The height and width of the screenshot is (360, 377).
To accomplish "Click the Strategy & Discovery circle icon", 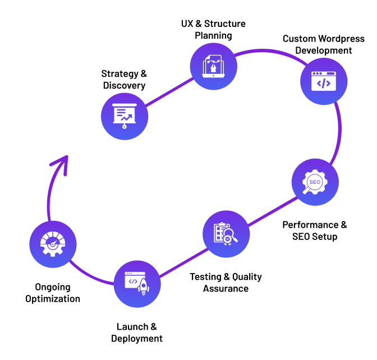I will point(125,116).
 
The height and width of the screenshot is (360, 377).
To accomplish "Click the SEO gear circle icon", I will point(315,182).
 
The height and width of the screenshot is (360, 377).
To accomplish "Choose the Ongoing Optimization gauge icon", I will point(53,244).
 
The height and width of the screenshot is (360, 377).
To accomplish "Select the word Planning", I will point(213,36).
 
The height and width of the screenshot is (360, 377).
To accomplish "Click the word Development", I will point(324,50).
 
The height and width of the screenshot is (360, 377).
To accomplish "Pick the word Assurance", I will point(226,289).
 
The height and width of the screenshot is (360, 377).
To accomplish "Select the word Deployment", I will point(137,339).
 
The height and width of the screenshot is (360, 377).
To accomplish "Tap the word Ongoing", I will point(52,287).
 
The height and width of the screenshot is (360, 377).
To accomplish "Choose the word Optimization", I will point(52,299).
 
